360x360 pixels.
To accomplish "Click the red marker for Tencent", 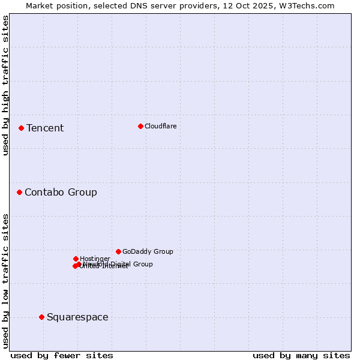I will pos(21,128).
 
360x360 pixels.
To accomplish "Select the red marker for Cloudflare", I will pos(140,126).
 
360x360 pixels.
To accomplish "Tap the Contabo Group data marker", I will pos(19,192).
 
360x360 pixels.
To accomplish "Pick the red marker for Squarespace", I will pos(41,317).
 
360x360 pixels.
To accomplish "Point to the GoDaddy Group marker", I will pos(118,251).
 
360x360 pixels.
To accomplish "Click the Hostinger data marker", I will pos(76,259).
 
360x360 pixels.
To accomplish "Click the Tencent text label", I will pos(45,128).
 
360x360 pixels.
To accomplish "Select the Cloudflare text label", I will pos(161,126).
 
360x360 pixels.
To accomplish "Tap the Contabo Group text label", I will pos(61,192).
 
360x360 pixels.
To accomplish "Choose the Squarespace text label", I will pos(77,317).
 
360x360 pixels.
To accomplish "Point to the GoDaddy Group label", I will pos(148,251).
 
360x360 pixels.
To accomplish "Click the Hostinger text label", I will pos(95,259).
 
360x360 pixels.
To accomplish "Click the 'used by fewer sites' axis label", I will pos(62,355).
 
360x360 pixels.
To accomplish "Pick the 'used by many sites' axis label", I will pos(301,355).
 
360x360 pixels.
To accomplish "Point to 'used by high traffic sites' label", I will pos(5,85).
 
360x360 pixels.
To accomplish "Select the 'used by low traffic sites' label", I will pos(5,281).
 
